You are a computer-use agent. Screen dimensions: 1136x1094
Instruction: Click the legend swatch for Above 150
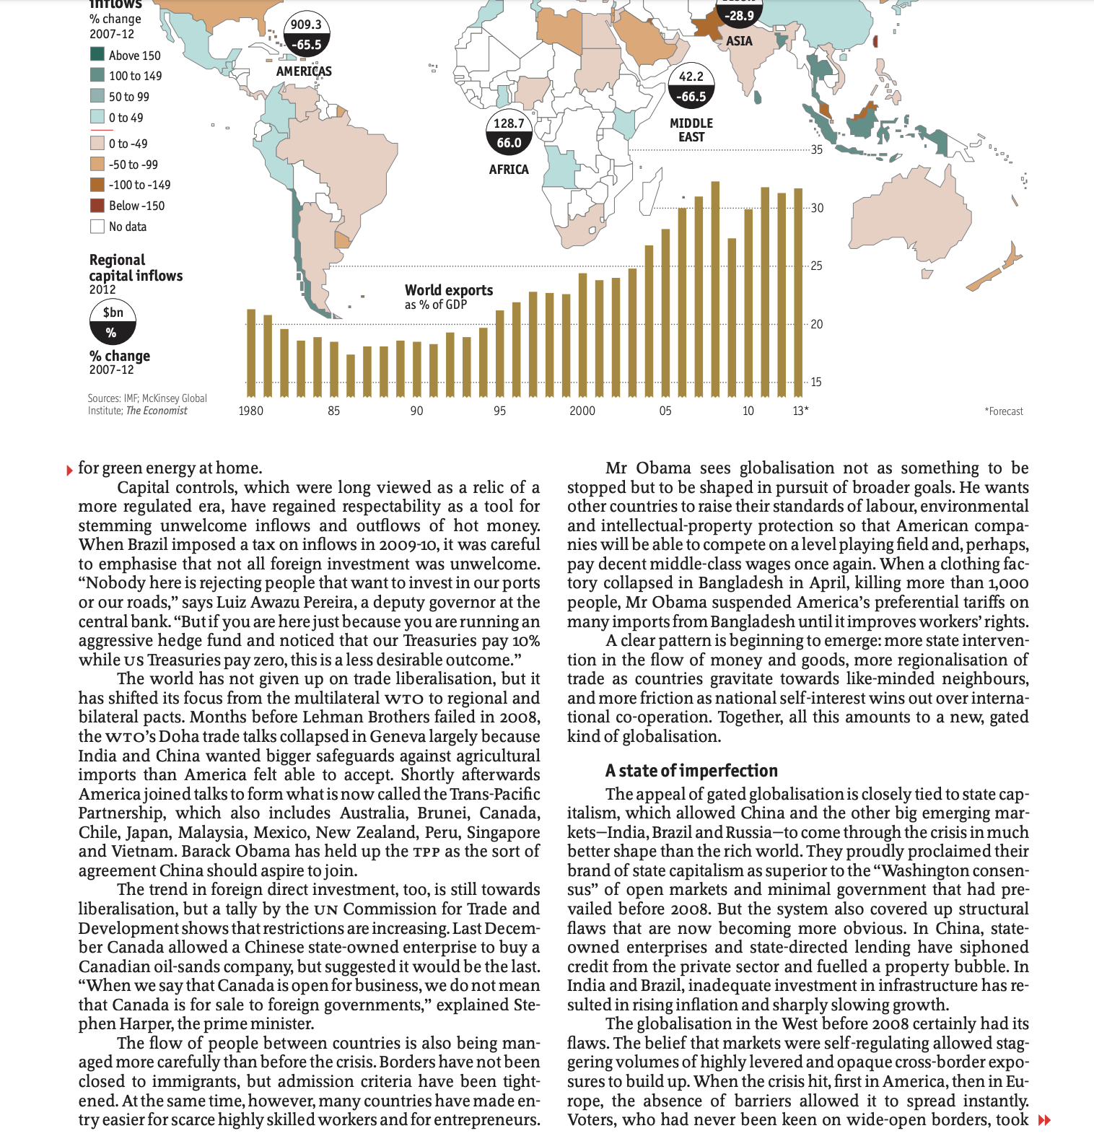(97, 54)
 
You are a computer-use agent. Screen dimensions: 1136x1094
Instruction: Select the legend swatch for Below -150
(97, 206)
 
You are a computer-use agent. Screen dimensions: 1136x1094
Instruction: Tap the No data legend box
(97, 227)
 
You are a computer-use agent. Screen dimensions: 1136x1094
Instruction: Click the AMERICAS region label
(304, 71)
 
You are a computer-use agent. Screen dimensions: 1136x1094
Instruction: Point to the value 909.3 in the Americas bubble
(306, 25)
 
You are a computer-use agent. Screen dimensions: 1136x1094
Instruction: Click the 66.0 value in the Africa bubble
(509, 143)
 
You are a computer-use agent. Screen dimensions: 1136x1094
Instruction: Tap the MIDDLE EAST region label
(691, 130)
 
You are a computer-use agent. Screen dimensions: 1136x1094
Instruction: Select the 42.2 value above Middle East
(691, 77)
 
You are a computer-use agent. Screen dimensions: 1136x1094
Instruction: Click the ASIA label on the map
(739, 41)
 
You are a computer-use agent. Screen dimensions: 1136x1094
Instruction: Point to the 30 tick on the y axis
(817, 208)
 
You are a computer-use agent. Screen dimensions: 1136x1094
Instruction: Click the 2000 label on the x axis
(582, 411)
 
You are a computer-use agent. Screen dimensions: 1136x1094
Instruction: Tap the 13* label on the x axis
(800, 411)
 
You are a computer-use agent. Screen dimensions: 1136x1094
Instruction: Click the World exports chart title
(449, 290)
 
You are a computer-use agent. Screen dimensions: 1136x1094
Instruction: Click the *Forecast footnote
(1004, 411)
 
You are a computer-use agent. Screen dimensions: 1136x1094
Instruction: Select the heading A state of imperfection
(691, 770)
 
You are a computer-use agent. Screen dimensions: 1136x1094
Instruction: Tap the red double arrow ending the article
(1043, 1120)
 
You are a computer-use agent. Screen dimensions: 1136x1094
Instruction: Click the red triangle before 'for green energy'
(69, 471)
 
